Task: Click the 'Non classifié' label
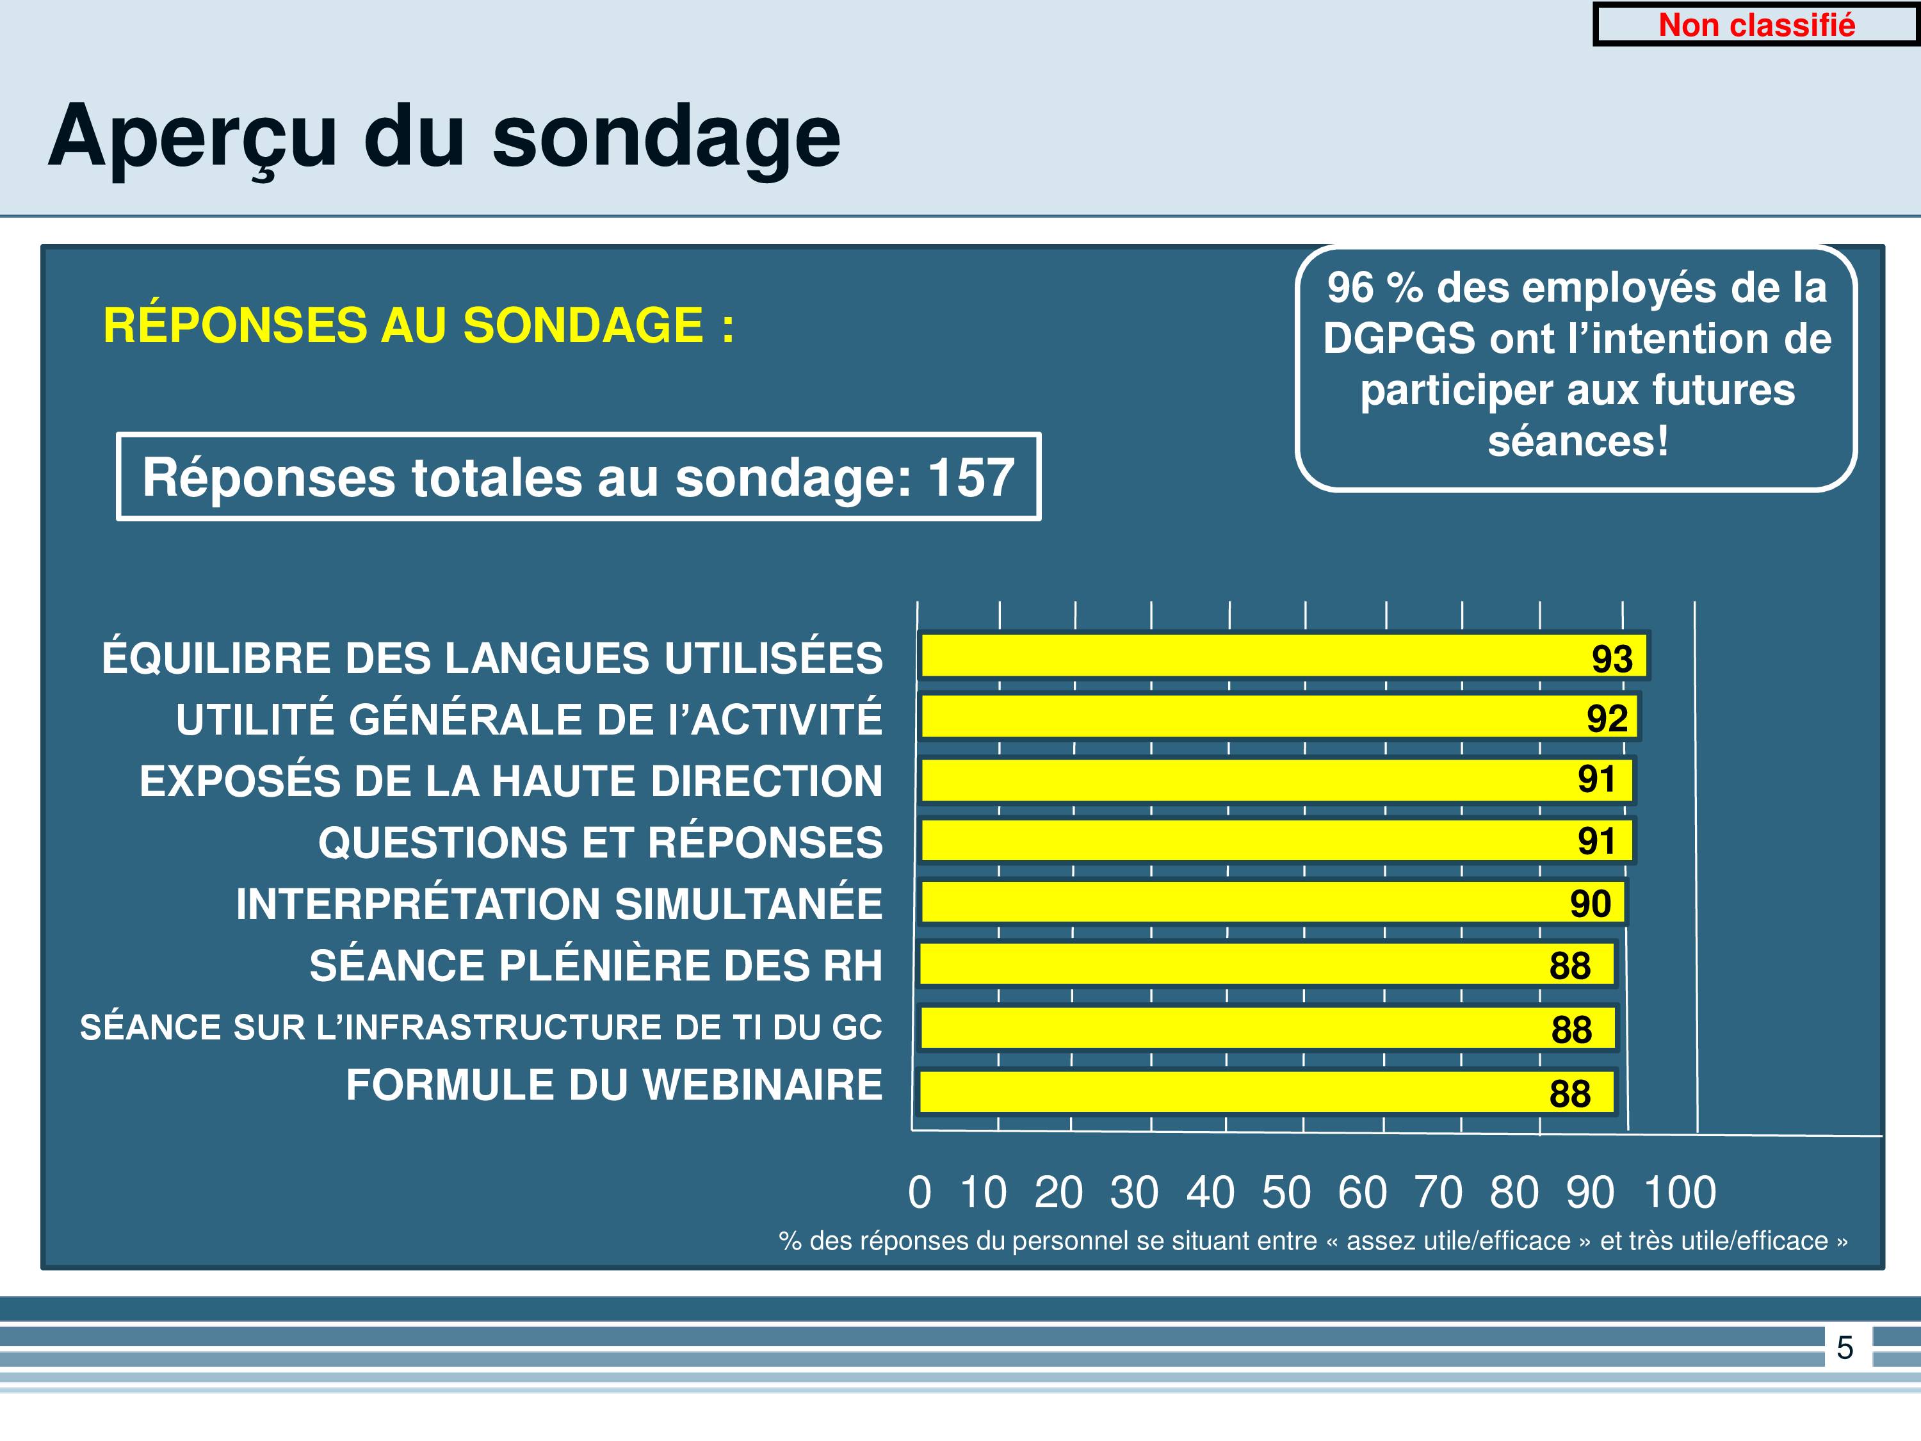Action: point(1756,25)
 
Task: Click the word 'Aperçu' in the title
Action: point(193,137)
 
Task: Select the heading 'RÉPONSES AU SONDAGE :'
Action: point(419,326)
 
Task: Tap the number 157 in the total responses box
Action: point(971,477)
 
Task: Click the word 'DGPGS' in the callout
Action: point(1399,338)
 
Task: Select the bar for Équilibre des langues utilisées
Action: point(1284,655)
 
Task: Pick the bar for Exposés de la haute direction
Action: point(1277,779)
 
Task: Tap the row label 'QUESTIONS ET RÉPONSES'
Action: point(600,842)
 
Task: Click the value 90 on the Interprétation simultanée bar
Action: point(1590,903)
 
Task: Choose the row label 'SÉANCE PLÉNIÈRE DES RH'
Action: point(596,965)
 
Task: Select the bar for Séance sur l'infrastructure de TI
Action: point(1268,1029)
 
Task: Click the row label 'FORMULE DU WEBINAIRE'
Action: point(614,1085)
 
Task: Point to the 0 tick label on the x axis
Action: point(919,1192)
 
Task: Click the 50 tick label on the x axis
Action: point(1286,1192)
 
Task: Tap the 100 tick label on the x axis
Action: point(1680,1192)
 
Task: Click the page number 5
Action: point(1845,1347)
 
